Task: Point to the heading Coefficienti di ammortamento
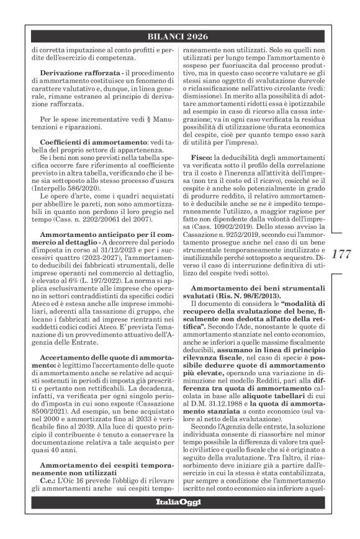point(84,143)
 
